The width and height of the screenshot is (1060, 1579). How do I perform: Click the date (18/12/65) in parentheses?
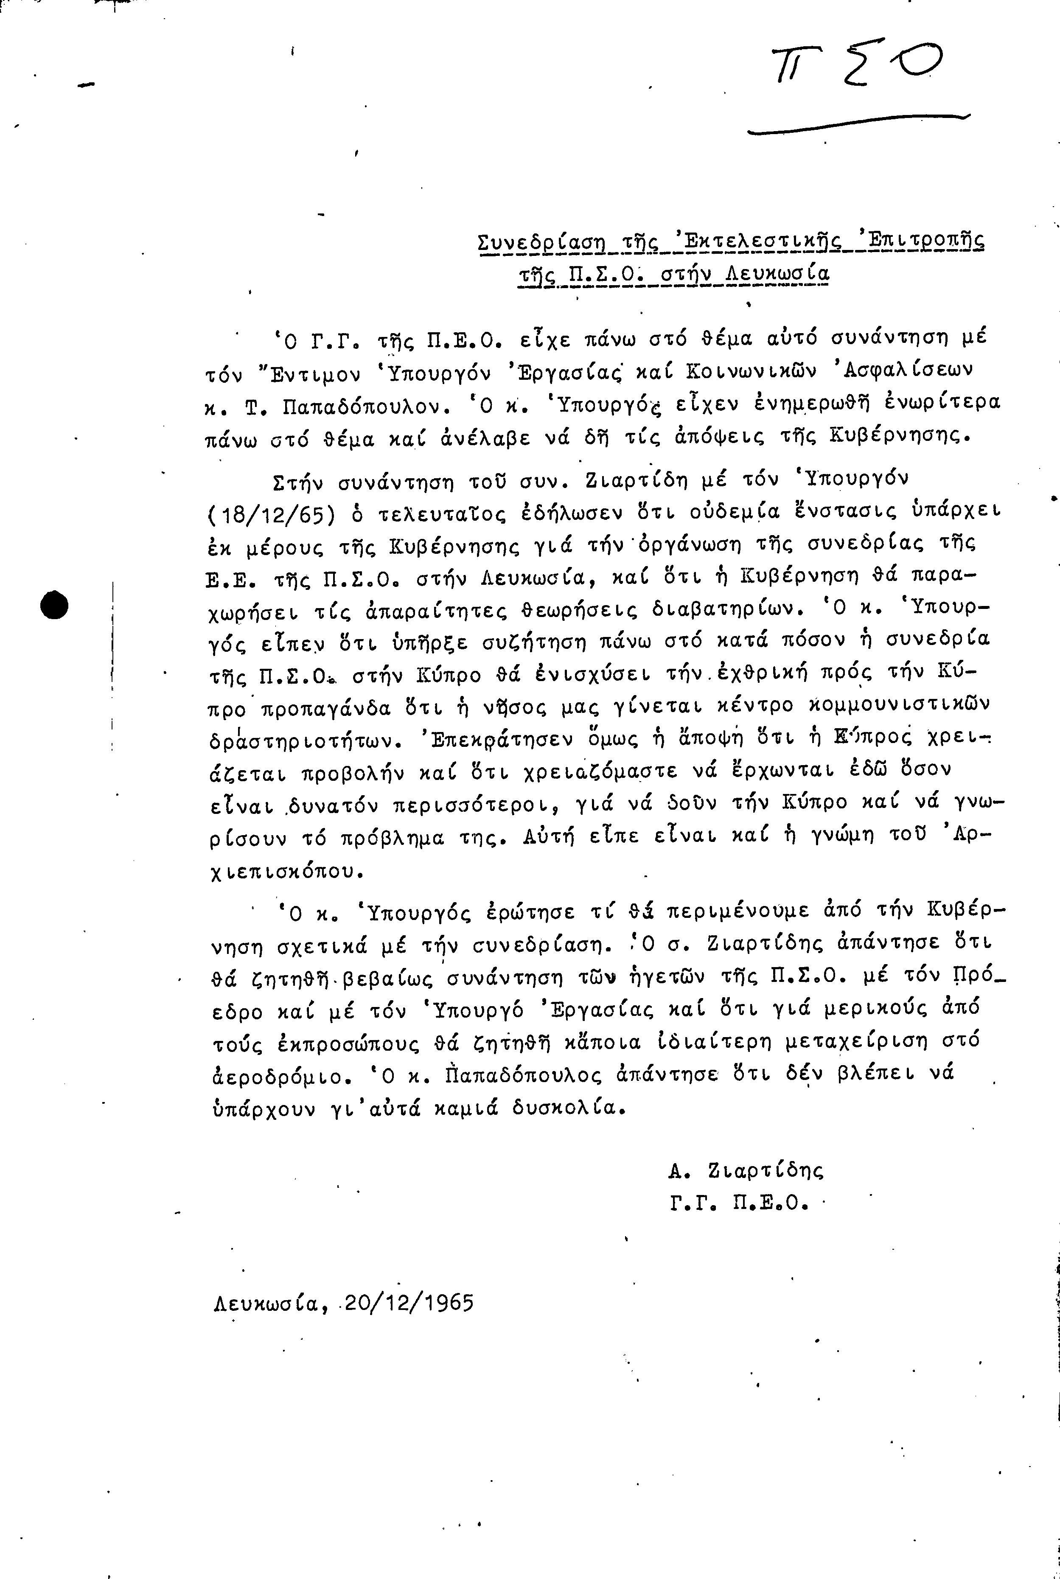(x=271, y=514)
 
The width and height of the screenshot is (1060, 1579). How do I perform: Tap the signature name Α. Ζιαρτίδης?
(x=746, y=1170)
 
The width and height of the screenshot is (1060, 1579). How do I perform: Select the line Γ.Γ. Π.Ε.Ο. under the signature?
(x=740, y=1203)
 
